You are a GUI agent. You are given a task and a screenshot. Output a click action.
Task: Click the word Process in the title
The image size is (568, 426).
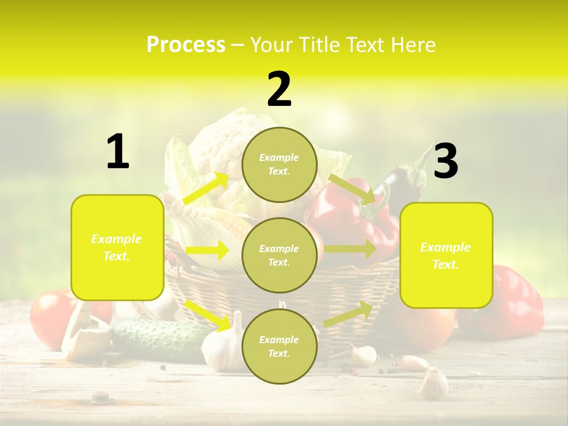(186, 45)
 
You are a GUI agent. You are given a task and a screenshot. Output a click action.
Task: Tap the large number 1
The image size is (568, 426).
(118, 152)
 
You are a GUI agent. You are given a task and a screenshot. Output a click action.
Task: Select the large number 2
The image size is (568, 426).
(279, 90)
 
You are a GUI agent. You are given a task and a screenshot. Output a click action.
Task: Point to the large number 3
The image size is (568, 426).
(446, 161)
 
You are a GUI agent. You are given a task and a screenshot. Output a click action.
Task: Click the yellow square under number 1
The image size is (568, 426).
(117, 247)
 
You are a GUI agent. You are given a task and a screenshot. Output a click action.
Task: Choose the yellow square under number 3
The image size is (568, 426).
(446, 256)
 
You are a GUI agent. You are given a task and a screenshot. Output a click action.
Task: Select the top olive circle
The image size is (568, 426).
(279, 164)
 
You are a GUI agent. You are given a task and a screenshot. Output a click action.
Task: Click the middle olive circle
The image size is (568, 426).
(279, 255)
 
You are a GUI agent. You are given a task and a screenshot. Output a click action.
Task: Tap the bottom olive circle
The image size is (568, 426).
(279, 346)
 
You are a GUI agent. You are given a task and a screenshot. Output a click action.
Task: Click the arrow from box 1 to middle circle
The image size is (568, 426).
(207, 250)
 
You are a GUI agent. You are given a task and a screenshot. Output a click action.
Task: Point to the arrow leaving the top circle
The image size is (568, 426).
(353, 189)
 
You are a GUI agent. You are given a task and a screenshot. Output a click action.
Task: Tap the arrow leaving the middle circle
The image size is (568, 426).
(350, 248)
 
